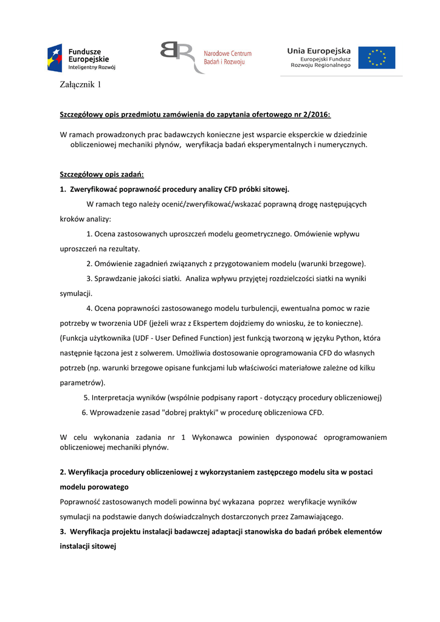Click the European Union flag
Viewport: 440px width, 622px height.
(x=376, y=58)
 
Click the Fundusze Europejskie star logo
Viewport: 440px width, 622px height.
(x=55, y=58)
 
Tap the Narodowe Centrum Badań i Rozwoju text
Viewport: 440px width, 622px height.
(x=227, y=58)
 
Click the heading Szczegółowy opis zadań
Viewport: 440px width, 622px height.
(x=101, y=174)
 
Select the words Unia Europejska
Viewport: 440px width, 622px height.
(x=319, y=51)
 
